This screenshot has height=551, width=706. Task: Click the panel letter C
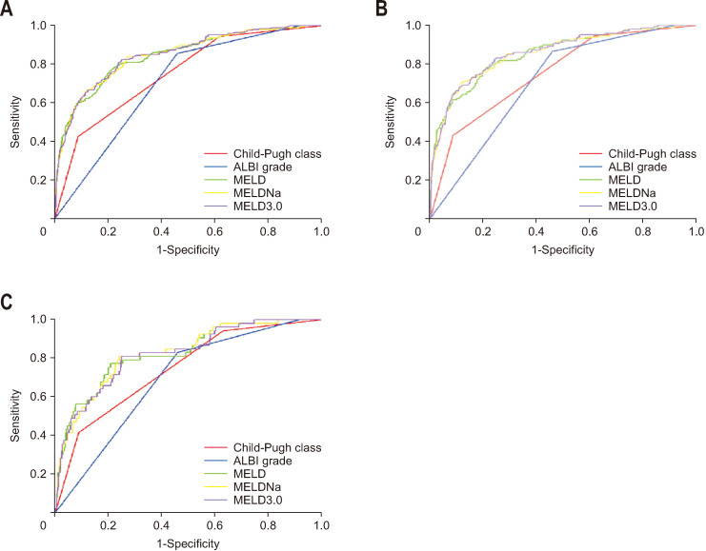click(x=8, y=303)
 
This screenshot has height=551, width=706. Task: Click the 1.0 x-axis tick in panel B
click(x=696, y=230)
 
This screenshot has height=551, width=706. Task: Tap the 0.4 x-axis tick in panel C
click(x=161, y=524)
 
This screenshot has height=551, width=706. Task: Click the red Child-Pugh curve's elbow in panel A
click(x=77, y=136)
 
